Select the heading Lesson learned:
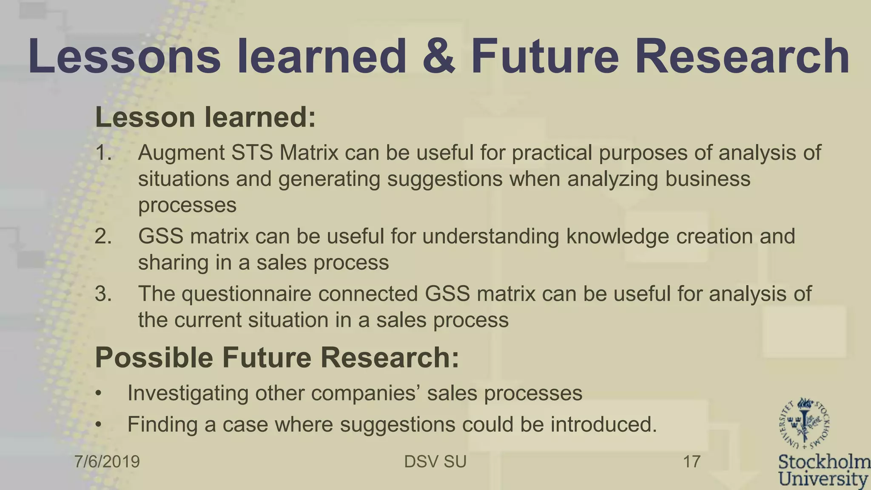tap(205, 117)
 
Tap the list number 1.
tap(103, 153)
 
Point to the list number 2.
tap(103, 236)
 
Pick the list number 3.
tap(103, 293)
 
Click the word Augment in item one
tap(181, 153)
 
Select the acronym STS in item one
tap(252, 153)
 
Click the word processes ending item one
tap(187, 205)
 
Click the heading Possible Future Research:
tap(277, 357)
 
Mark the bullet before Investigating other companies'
tap(99, 393)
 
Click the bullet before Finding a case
tap(99, 425)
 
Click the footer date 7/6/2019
tap(107, 462)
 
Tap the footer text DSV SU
tap(435, 462)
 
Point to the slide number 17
tap(692, 462)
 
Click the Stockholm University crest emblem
tap(804, 424)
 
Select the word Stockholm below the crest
tap(824, 462)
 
